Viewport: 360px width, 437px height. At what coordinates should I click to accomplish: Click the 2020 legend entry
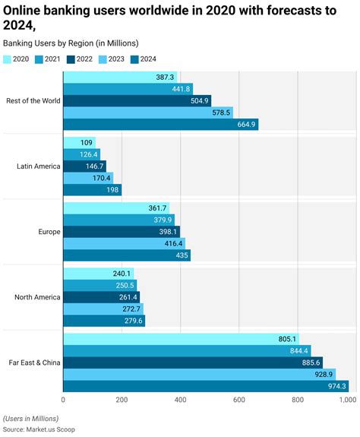click(x=17, y=58)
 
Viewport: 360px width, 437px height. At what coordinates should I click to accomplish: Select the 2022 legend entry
click(x=80, y=58)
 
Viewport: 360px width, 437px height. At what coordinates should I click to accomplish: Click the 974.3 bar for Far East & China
click(x=205, y=386)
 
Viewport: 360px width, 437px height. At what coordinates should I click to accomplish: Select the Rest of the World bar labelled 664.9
click(x=160, y=125)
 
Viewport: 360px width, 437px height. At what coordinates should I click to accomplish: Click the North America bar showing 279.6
click(x=103, y=321)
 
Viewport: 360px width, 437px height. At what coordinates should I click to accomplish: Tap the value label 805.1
click(x=286, y=338)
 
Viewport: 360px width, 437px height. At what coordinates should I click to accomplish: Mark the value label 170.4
click(x=100, y=178)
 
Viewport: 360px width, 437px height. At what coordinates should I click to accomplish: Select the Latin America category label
click(x=38, y=166)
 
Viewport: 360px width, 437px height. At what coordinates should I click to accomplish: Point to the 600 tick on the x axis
click(x=238, y=399)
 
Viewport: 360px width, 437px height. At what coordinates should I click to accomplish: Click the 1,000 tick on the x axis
click(x=347, y=399)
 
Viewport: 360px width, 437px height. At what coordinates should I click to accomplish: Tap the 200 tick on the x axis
click(x=122, y=399)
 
